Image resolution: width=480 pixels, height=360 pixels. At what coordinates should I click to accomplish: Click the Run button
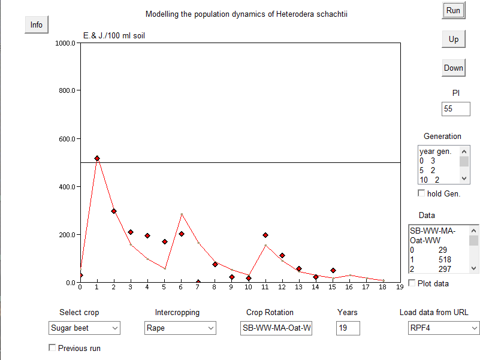coord(453,10)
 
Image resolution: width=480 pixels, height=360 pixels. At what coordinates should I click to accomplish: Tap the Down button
coord(453,68)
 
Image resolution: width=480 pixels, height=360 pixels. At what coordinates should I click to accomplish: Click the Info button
coord(37,25)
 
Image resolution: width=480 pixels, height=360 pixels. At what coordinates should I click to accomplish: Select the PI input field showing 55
coord(455,109)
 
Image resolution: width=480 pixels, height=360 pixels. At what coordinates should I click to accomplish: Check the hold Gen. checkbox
coord(421,193)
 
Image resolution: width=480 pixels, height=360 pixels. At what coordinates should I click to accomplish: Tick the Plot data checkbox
coord(412,283)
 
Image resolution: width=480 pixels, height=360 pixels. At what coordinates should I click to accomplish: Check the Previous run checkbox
coord(52,347)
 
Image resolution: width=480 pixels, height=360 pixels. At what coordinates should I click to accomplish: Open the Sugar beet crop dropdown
coord(84,328)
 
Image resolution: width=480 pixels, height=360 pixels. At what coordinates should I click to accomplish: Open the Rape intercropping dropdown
coord(180,328)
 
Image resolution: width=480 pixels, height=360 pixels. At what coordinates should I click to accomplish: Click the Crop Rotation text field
coord(276,328)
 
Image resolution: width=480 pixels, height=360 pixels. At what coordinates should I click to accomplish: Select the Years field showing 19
coord(348,328)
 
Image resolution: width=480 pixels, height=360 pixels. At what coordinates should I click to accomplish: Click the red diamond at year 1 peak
coord(97,159)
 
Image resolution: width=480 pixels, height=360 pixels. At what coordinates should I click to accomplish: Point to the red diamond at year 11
coord(265,235)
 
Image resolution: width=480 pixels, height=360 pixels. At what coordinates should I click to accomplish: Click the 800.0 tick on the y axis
coord(64,91)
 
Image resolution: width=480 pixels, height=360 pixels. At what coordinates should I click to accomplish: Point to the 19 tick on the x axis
coord(400,288)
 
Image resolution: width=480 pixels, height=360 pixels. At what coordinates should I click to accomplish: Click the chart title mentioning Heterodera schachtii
coord(246,14)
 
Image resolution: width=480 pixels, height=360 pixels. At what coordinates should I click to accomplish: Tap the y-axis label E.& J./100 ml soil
coord(114,36)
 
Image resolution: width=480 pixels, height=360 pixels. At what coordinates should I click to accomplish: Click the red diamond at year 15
coord(333,271)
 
